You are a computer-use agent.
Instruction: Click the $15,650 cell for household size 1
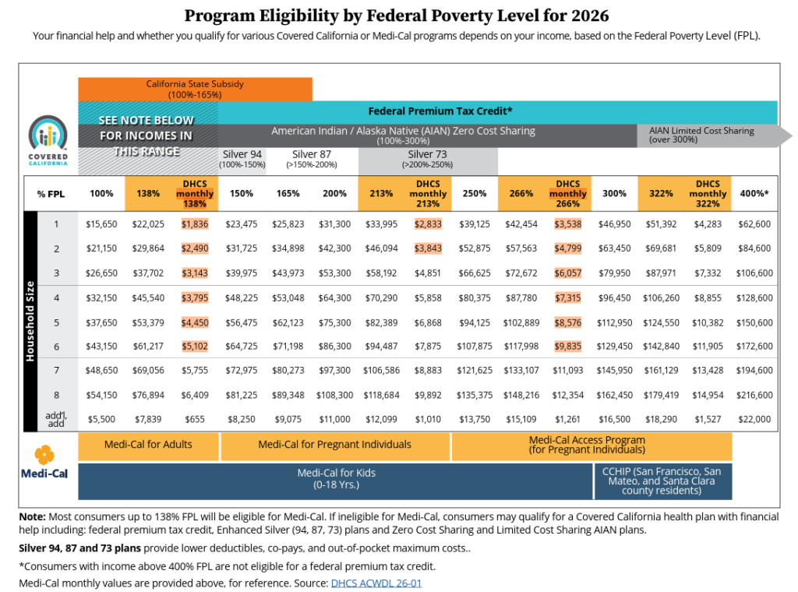click(101, 224)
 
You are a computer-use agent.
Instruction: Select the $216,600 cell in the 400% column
click(754, 396)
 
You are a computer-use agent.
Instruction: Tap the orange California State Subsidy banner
click(195, 89)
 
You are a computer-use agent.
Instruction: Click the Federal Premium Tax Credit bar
click(440, 111)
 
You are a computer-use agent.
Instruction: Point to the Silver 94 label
click(242, 154)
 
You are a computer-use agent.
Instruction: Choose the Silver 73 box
click(428, 159)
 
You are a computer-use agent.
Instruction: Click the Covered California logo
click(48, 140)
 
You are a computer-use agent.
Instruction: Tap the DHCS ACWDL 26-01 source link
click(376, 582)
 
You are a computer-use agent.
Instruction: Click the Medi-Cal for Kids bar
click(335, 481)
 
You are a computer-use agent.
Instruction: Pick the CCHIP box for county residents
click(663, 481)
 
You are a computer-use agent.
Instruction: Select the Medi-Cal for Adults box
click(148, 445)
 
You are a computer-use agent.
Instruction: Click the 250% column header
click(475, 193)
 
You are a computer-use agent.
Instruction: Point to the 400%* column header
click(754, 193)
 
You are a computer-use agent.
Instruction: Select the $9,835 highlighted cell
click(568, 346)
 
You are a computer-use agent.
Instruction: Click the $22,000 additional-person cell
click(754, 419)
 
